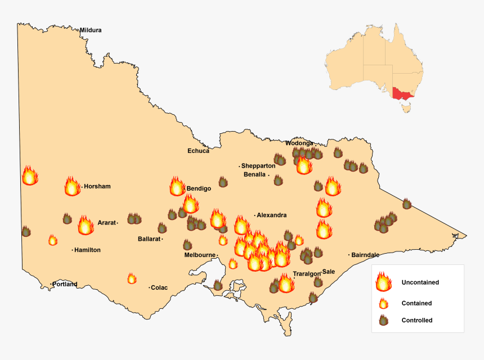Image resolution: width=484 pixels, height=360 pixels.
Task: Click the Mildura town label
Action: coord(91,30)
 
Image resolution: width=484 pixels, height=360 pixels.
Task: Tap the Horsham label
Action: coord(97,186)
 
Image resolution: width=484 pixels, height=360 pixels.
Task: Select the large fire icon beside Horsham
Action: coord(72,186)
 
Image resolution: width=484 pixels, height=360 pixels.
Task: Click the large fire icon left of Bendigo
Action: coord(177,187)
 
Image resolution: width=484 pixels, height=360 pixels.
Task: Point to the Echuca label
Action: coord(198,151)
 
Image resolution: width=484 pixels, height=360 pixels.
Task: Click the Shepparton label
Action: coord(258,166)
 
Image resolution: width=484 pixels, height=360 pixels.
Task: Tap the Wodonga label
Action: coord(299,143)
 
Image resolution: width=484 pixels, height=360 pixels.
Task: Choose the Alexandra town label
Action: coord(272,215)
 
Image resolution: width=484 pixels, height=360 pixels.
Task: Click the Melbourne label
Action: coord(200,255)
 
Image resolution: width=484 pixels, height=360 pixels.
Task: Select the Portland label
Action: coord(65,284)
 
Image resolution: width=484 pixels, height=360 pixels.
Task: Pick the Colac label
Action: coord(159,287)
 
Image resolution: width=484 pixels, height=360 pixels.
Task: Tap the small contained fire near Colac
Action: coord(132,278)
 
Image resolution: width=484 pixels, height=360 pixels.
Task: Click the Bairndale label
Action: coord(366,255)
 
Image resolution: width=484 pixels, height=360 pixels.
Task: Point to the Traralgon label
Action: coord(306,273)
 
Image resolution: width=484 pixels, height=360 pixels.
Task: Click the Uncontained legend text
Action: coord(420,282)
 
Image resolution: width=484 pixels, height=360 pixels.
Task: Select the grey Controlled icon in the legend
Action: coord(383,320)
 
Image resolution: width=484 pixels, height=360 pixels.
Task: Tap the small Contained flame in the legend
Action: coord(383,303)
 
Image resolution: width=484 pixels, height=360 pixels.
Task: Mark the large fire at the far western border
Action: coord(29,176)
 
